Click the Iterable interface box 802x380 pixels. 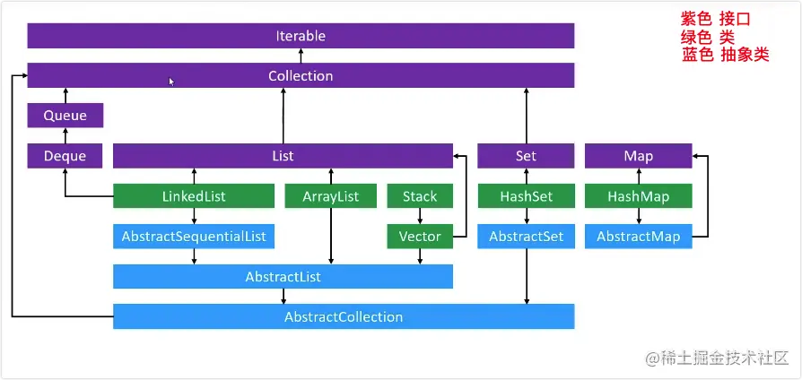[301, 36]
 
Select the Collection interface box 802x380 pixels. [301, 75]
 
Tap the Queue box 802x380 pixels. [65, 115]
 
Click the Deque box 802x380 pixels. [65, 156]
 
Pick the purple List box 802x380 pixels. [283, 156]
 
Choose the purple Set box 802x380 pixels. [526, 156]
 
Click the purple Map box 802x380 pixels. [638, 156]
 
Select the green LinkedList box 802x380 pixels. [193, 196]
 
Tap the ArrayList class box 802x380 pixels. [330, 196]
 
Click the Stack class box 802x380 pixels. [419, 196]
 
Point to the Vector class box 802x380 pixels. [419, 237]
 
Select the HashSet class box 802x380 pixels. [526, 196]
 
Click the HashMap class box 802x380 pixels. [638, 196]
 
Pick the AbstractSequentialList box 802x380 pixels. [193, 237]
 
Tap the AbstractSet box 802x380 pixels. [526, 237]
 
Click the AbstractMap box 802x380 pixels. [638, 237]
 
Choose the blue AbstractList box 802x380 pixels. [283, 277]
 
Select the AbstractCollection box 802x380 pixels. [344, 316]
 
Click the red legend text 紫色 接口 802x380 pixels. [715, 19]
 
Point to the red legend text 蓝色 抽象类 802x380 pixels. [725, 55]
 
